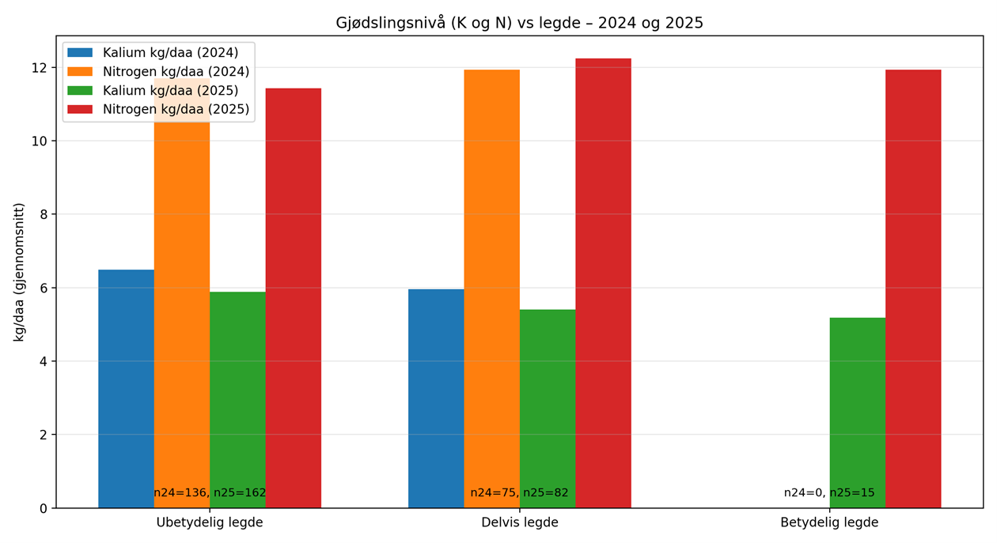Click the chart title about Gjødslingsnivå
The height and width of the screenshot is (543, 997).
(519, 23)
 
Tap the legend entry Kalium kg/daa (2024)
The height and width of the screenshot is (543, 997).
(170, 53)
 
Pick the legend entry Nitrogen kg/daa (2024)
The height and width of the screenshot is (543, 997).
(176, 72)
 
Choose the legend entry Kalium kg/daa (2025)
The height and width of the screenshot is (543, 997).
(170, 91)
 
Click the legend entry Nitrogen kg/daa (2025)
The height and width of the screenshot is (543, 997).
(176, 110)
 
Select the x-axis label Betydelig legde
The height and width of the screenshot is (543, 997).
(829, 522)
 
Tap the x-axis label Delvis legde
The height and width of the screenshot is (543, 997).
(519, 522)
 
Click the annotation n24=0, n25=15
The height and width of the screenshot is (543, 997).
(829, 492)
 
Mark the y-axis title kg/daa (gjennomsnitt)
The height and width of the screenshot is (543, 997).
(19, 272)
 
